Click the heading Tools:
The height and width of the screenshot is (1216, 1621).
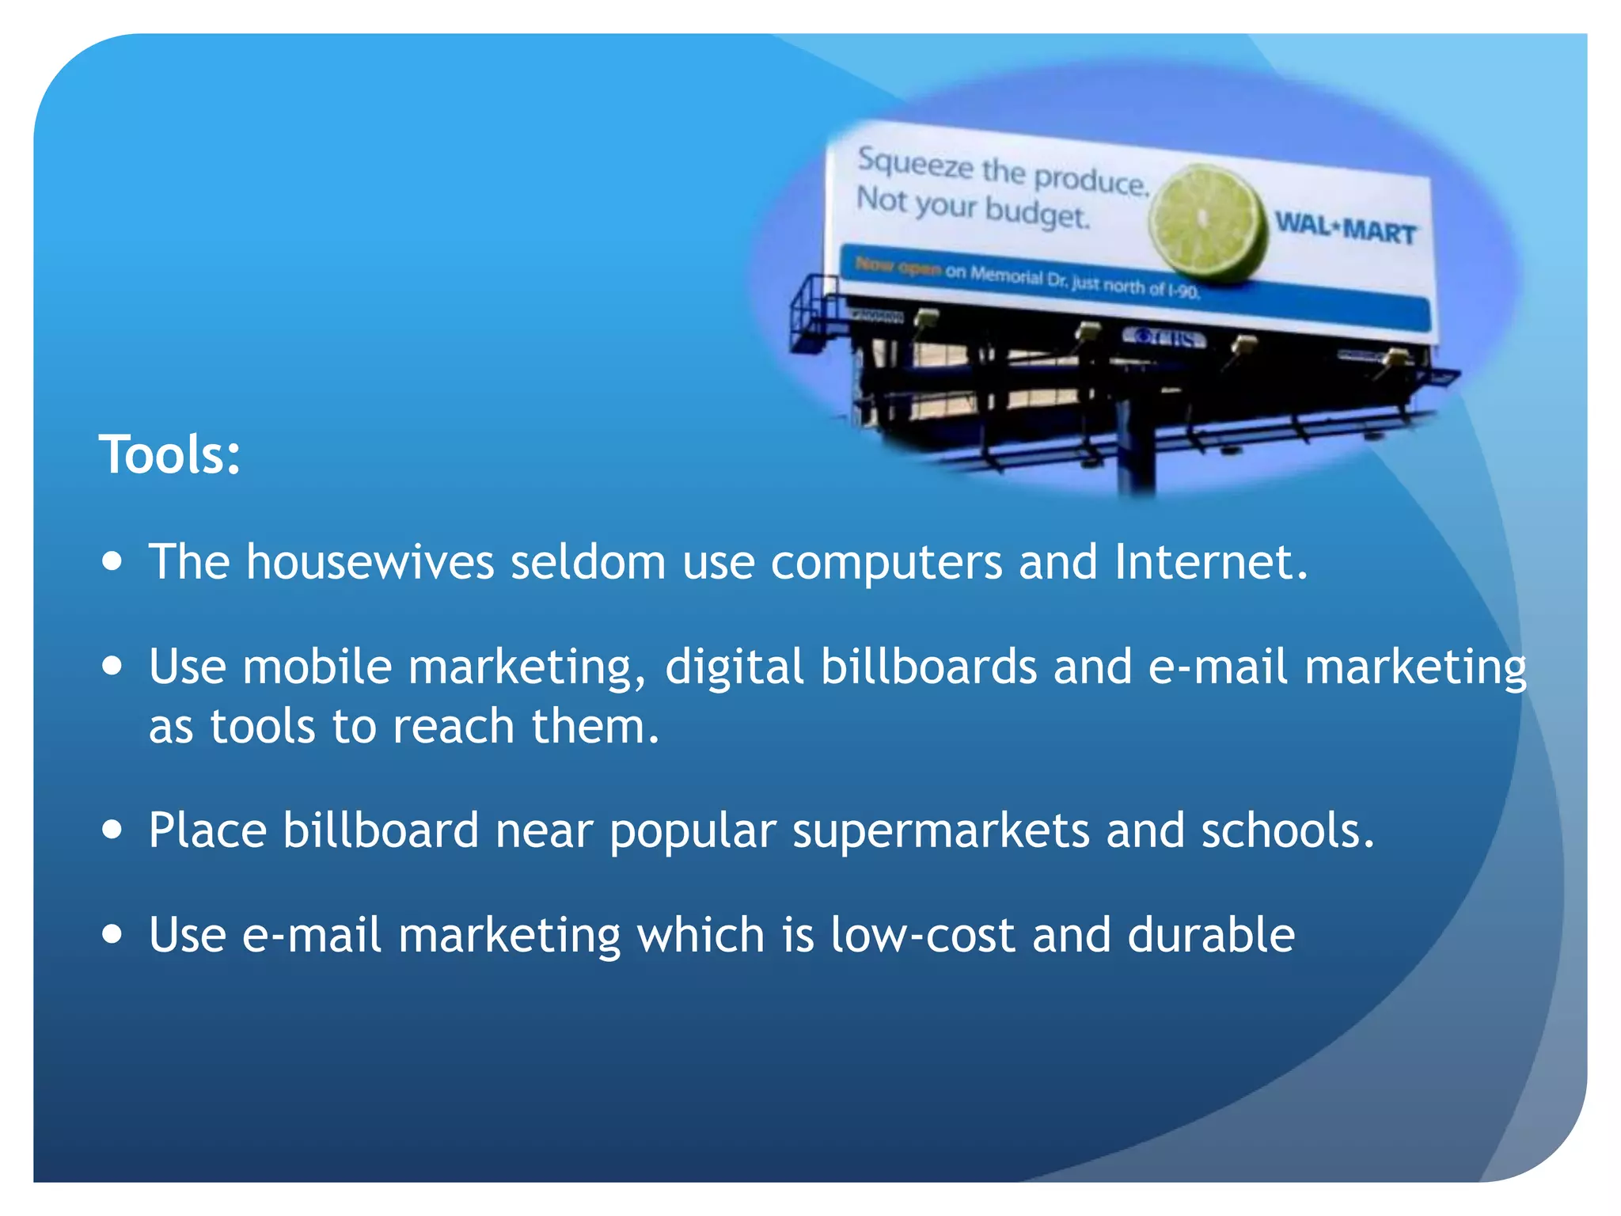point(169,455)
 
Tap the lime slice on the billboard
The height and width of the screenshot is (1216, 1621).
point(1207,222)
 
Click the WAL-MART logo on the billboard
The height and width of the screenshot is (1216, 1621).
point(1345,229)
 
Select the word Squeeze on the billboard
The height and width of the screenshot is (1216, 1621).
point(915,163)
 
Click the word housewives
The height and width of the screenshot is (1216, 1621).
point(370,562)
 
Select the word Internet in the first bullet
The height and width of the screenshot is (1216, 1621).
point(1210,562)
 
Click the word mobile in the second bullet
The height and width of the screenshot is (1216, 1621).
point(317,667)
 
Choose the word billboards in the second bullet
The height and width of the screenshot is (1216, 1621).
point(928,667)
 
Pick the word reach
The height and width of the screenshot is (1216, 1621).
point(454,726)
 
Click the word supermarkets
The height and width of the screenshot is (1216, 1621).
point(940,831)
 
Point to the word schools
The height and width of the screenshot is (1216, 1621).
point(1287,830)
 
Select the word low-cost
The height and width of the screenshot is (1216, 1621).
point(923,935)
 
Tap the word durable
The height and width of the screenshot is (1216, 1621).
point(1211,935)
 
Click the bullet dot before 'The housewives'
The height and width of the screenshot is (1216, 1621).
point(112,561)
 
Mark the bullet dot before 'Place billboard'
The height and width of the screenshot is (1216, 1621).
point(112,830)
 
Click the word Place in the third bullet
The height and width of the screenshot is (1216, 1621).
point(208,831)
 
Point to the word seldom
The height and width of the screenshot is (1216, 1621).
point(588,562)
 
